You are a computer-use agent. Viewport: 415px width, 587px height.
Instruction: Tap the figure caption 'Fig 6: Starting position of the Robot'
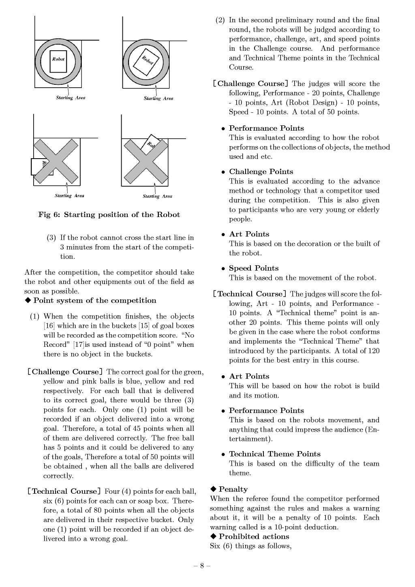click(109, 215)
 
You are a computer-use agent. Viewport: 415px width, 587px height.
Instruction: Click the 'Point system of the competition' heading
click(94, 301)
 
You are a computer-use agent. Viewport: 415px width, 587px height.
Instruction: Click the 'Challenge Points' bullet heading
click(261, 172)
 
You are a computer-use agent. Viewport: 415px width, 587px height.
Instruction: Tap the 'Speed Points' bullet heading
click(254, 268)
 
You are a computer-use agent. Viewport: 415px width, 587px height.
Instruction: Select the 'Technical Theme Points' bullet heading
click(274, 454)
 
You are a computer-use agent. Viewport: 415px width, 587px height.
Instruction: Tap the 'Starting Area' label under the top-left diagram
click(71, 98)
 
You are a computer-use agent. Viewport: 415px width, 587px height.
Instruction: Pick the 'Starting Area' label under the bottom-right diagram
click(157, 196)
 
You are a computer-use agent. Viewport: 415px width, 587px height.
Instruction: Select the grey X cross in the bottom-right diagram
click(145, 161)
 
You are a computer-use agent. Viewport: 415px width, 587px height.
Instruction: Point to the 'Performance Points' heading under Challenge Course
click(266, 128)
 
